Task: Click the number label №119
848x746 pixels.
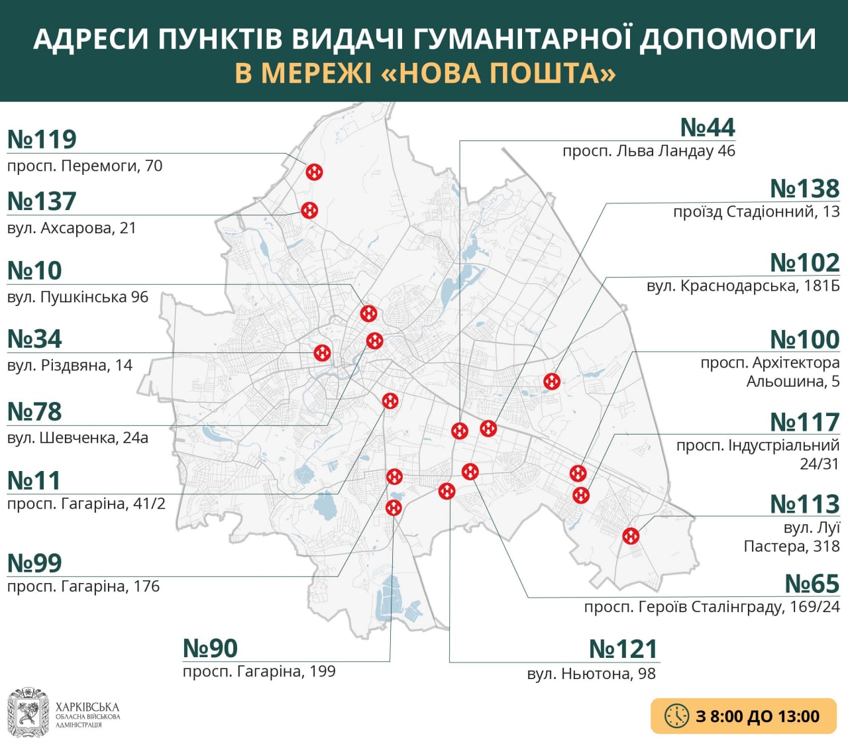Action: (42, 140)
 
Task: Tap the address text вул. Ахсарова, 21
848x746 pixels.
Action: (72, 228)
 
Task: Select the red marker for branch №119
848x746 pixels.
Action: (314, 172)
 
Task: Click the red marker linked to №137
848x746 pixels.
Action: (309, 210)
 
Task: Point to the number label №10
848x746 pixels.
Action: (34, 271)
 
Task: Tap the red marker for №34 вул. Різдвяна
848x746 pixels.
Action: (322, 352)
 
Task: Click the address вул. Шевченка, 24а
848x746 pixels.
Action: (78, 438)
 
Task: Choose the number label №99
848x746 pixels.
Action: (34, 563)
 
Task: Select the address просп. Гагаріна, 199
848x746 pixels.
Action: (259, 671)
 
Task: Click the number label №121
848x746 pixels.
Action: (623, 649)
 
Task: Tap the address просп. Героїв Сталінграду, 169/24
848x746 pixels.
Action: (712, 607)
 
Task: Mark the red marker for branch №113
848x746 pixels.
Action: (631, 535)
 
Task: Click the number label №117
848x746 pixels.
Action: (804, 422)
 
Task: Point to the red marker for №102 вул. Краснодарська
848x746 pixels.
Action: (552, 382)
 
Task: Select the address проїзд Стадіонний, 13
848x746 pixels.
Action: (756, 212)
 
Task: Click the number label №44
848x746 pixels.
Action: (708, 127)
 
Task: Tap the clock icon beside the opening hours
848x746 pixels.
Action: (676, 716)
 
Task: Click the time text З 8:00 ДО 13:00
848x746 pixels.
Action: (757, 716)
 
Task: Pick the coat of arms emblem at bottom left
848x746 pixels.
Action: (28, 713)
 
